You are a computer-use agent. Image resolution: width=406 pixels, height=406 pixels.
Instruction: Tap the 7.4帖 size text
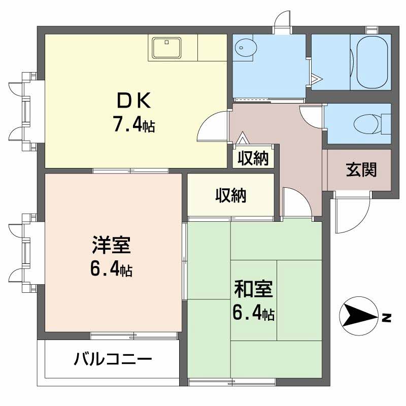pyautogui.click(x=133, y=124)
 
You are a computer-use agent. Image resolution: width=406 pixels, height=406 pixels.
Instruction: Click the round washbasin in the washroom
pyautogui.click(x=246, y=49)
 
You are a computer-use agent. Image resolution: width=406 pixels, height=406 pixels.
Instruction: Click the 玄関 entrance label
pyautogui.click(x=361, y=170)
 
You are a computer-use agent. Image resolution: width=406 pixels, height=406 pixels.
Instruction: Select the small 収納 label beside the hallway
pyautogui.click(x=253, y=159)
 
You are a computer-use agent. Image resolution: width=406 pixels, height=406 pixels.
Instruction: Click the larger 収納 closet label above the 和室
pyautogui.click(x=231, y=195)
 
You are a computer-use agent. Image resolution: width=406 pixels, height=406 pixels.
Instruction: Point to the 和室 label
pyautogui.click(x=254, y=289)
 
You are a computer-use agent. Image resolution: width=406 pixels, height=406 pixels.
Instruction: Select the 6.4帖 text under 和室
pyautogui.click(x=254, y=313)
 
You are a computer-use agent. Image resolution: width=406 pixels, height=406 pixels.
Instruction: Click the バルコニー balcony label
pyautogui.click(x=113, y=360)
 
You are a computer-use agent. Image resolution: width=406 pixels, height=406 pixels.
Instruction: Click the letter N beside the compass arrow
pyautogui.click(x=387, y=318)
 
